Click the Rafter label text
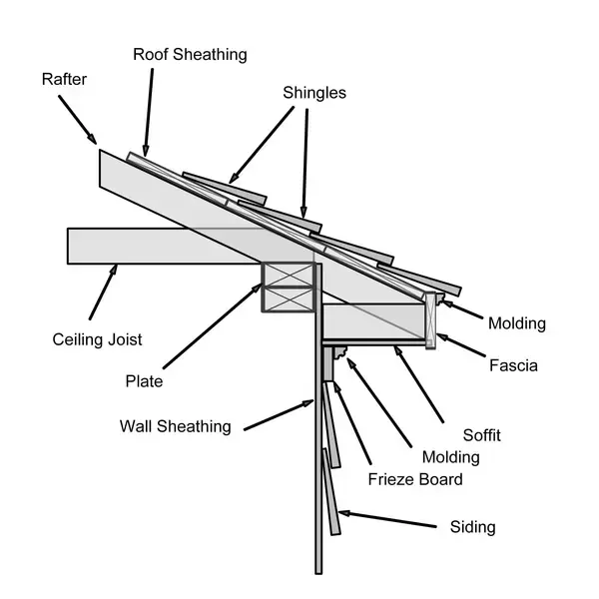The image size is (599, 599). point(65,78)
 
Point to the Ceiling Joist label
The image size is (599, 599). point(98,339)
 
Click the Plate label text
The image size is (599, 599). point(144,381)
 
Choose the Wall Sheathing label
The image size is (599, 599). point(175,426)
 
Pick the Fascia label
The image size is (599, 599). point(513,365)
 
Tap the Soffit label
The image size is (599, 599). point(481,435)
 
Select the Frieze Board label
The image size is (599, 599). point(416,479)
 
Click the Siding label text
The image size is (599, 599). point(472,526)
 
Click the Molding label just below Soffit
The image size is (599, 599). point(450,457)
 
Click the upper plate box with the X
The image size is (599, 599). point(288,274)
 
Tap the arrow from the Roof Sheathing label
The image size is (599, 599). point(147,111)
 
